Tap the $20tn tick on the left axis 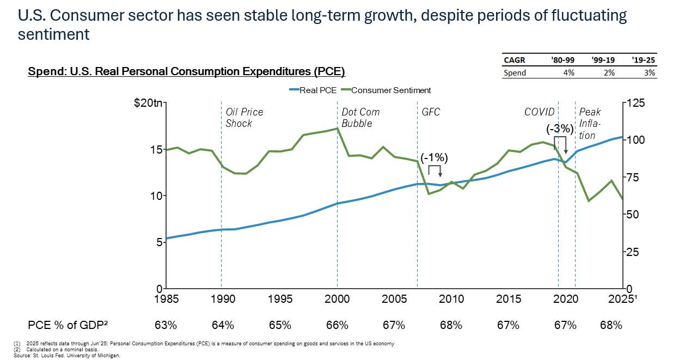(x=148, y=103)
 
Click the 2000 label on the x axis (x=337, y=298)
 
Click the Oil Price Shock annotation (x=244, y=118)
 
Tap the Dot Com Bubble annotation (x=360, y=118)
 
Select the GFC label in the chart (x=431, y=112)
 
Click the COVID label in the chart (x=539, y=112)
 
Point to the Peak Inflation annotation (x=590, y=123)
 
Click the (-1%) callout (x=434, y=158)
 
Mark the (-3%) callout (x=560, y=129)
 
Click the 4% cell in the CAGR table (x=568, y=72)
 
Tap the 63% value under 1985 (x=166, y=325)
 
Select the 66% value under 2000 (x=337, y=325)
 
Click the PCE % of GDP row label (x=68, y=325)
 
